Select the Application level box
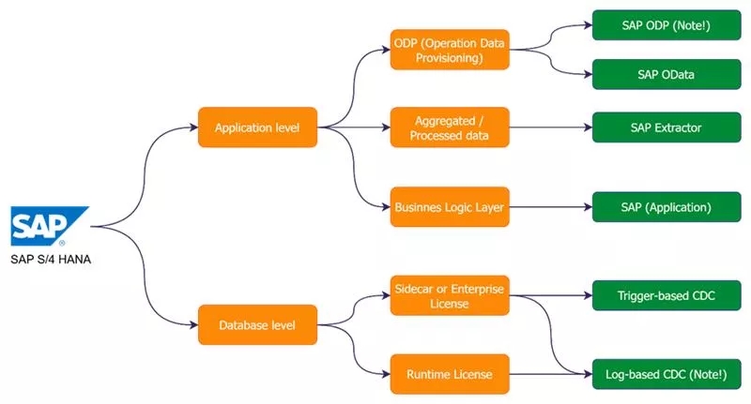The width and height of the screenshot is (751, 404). click(x=257, y=127)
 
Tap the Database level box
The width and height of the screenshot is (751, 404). click(x=256, y=325)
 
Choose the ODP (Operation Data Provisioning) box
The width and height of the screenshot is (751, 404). click(x=450, y=49)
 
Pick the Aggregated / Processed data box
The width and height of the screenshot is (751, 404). click(x=450, y=127)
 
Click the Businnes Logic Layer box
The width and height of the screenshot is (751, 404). click(x=450, y=206)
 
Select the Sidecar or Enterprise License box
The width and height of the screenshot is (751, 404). click(x=450, y=296)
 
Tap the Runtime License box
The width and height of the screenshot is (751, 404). click(x=450, y=374)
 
